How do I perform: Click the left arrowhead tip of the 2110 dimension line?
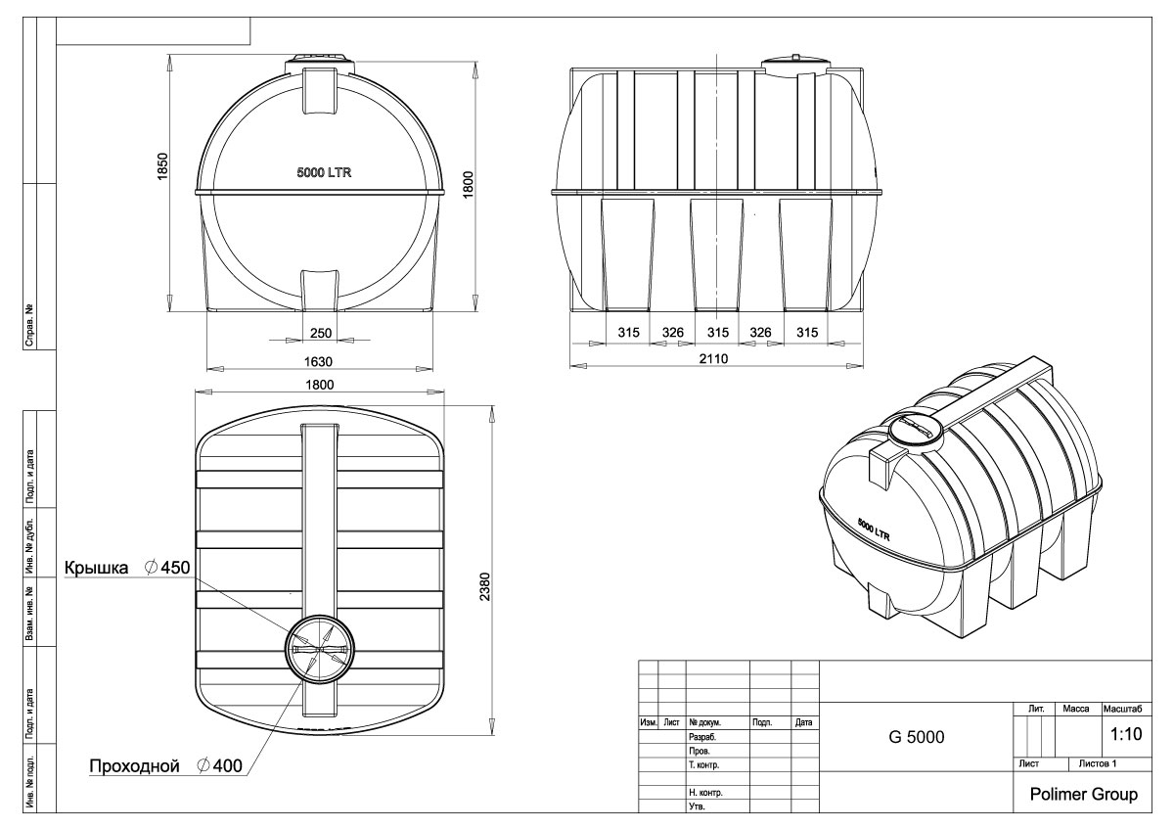[x=570, y=365]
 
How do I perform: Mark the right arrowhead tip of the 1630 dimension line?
[x=432, y=369]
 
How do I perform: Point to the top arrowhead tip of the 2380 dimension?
[x=492, y=405]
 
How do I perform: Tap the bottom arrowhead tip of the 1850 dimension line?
[x=169, y=312]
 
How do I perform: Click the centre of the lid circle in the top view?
[x=319, y=649]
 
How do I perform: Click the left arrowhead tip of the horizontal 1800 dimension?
[x=196, y=391]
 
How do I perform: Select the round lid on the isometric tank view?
[x=916, y=432]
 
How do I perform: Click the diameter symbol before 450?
[x=152, y=567]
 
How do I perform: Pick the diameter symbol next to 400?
[x=203, y=765]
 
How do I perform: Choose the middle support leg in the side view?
[x=716, y=254]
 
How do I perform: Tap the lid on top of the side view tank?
[x=795, y=66]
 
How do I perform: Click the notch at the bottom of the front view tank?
[x=319, y=290]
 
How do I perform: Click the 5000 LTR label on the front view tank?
[x=324, y=172]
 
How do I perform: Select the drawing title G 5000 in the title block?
[x=916, y=737]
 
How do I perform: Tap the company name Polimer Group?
[x=1083, y=794]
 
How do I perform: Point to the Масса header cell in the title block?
[x=1075, y=709]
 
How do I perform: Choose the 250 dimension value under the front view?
[x=320, y=333]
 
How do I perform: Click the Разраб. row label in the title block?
[x=702, y=737]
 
